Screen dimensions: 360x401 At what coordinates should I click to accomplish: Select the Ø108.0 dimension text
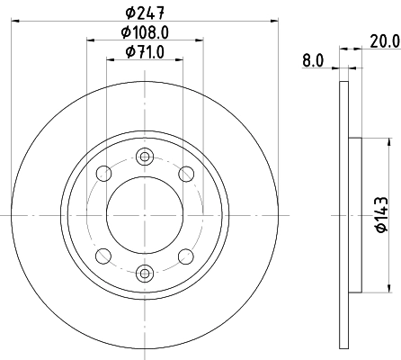click(x=146, y=32)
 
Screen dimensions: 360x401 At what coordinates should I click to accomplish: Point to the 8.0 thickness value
click(x=312, y=60)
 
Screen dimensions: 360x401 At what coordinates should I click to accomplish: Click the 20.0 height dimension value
click(x=383, y=41)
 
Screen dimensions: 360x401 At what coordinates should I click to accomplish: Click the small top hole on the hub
click(x=145, y=157)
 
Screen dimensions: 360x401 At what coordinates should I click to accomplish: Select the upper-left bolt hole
click(x=105, y=174)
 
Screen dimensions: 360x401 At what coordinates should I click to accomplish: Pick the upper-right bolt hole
click(x=186, y=174)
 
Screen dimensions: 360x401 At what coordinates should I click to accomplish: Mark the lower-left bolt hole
click(x=105, y=255)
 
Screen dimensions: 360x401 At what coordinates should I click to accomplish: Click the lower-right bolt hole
click(x=186, y=255)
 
